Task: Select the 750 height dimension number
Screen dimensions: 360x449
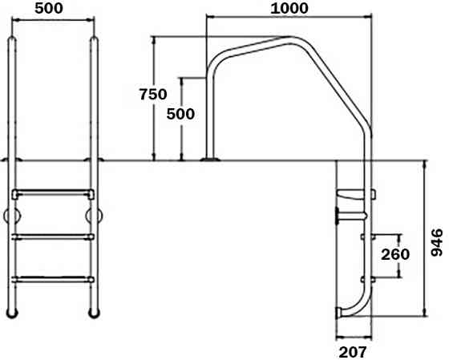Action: click(x=152, y=94)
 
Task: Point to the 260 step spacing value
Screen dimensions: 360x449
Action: click(x=394, y=254)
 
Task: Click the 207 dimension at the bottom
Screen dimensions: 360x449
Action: click(x=353, y=350)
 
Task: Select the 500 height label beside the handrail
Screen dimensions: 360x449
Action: click(x=180, y=114)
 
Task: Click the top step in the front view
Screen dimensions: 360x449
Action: click(x=52, y=193)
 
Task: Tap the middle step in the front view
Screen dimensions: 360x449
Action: click(x=52, y=236)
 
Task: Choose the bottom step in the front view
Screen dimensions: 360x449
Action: click(x=52, y=279)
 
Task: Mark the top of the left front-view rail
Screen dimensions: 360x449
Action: click(x=11, y=40)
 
